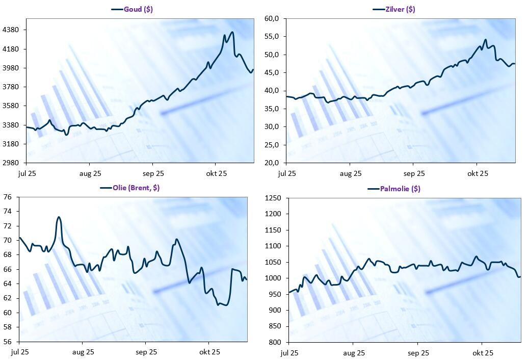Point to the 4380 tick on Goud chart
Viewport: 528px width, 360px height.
(x=11, y=30)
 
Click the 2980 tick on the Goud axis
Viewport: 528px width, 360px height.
(x=11, y=163)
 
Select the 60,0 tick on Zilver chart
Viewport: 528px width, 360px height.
(x=271, y=19)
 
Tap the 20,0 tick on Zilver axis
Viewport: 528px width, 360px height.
(x=271, y=163)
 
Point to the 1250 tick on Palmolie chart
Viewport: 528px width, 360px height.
(x=273, y=198)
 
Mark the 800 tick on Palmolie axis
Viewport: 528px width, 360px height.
(x=275, y=342)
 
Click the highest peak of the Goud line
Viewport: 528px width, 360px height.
(x=232, y=32)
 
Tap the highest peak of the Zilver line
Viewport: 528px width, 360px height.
(x=486, y=39)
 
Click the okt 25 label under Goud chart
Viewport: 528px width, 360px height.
(x=216, y=173)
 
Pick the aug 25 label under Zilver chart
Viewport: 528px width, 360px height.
(x=350, y=173)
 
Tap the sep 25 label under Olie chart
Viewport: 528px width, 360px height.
(x=146, y=352)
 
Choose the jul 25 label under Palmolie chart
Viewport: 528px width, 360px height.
(x=290, y=352)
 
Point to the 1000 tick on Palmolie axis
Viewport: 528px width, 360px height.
(x=273, y=278)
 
